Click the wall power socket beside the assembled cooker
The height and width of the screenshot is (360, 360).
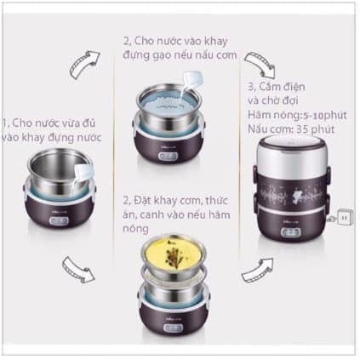point(345,217)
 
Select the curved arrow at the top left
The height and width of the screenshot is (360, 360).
point(85,64)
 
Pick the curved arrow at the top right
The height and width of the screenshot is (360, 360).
point(260,65)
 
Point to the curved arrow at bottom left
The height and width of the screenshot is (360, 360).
point(77,270)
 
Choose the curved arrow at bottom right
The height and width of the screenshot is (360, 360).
point(257,271)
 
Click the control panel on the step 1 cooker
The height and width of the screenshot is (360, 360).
point(60,220)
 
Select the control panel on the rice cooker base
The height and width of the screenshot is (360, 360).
point(169,156)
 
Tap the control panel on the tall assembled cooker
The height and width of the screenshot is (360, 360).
point(291,233)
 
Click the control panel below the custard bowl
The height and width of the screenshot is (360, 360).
point(173,328)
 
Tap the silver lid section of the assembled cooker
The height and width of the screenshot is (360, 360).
point(291,157)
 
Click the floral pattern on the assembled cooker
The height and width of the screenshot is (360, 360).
point(292,195)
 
